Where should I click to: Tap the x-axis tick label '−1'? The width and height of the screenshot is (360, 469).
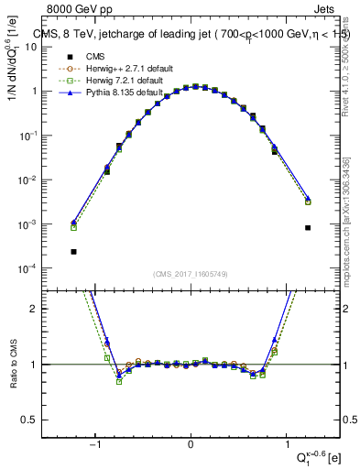93,444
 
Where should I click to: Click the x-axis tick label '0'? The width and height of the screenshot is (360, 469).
191,444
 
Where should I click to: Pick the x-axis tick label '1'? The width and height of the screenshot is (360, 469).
287,444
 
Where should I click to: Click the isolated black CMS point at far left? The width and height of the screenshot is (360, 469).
73,251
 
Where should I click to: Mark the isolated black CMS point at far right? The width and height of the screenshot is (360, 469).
308,227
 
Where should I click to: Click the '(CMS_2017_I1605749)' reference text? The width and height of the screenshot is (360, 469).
191,274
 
